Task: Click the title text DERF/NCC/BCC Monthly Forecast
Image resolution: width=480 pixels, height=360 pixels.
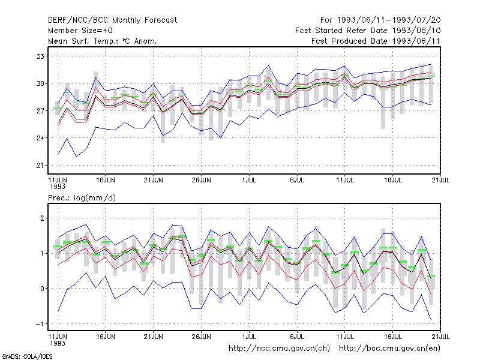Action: [112, 20]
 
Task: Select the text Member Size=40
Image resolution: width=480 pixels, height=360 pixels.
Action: [80, 31]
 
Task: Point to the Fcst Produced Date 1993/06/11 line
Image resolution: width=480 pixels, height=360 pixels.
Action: [376, 41]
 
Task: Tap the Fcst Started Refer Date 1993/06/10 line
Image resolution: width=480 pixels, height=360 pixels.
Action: [368, 31]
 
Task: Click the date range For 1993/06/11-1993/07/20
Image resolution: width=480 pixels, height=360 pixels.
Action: [380, 20]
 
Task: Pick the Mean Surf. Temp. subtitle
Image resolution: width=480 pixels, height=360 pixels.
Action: [103, 41]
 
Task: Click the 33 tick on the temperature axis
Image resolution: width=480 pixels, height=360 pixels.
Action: [40, 56]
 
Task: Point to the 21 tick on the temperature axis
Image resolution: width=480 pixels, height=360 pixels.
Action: [40, 166]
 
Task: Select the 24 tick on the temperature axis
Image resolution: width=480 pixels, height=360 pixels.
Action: [40, 138]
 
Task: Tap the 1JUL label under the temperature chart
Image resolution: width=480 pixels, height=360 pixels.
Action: [249, 181]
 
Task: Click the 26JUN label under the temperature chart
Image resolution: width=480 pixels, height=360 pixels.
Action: [201, 181]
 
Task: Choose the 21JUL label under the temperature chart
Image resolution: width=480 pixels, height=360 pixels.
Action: [440, 181]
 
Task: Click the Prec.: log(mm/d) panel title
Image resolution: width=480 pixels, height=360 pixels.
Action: [82, 198]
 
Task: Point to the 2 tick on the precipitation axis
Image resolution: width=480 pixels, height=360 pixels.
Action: [42, 218]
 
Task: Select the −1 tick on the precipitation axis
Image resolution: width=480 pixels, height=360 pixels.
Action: [40, 324]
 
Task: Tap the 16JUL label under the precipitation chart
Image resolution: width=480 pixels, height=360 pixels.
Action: [393, 337]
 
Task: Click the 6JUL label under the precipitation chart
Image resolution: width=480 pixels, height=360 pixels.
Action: [297, 337]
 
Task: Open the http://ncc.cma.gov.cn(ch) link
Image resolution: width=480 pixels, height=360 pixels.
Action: [279, 349]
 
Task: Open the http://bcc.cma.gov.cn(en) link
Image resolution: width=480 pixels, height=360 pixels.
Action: [389, 349]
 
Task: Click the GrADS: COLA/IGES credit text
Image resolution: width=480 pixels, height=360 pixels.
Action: [27, 356]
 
